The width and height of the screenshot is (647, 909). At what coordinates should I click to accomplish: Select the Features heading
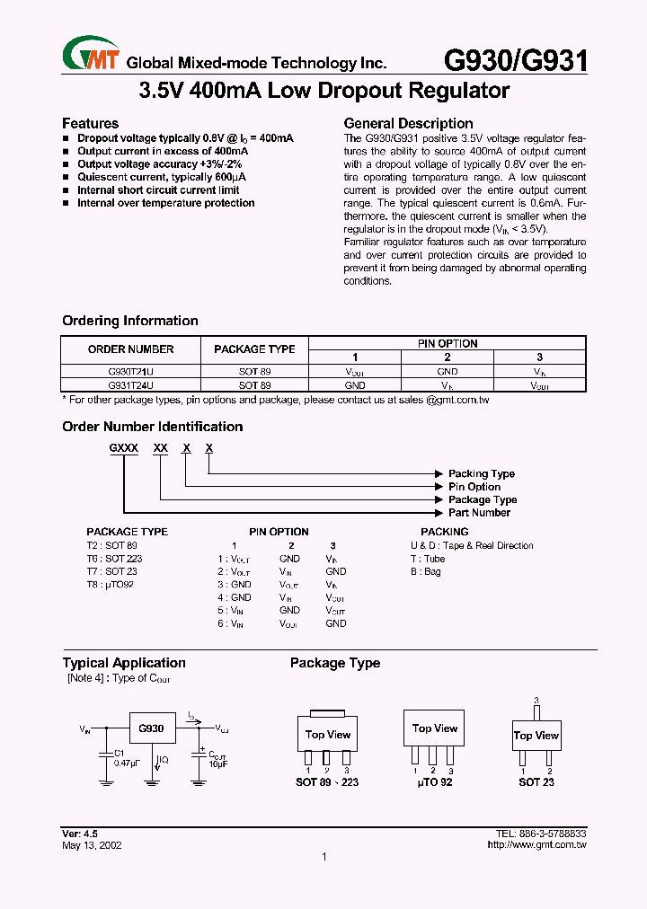(90, 123)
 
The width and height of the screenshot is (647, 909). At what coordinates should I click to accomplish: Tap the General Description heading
(408, 123)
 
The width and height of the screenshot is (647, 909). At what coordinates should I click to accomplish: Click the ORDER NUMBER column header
(131, 349)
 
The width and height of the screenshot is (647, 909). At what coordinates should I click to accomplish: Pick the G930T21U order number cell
(131, 371)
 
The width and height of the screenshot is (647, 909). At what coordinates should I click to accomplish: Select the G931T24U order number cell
(131, 384)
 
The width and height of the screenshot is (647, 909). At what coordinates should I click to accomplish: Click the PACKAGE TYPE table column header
(254, 349)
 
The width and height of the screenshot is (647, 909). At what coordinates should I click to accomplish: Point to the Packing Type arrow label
(482, 473)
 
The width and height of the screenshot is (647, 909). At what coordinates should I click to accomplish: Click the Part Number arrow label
(479, 513)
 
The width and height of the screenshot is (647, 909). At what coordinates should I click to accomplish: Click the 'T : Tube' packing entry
(428, 559)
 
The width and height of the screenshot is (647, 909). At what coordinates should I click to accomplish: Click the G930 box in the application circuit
(151, 728)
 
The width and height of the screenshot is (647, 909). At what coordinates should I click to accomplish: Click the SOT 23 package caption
(536, 782)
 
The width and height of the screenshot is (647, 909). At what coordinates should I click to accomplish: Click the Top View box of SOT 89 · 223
(328, 736)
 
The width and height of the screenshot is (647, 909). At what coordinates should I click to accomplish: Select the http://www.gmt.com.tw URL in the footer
(536, 845)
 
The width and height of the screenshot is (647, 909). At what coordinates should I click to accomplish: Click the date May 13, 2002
(92, 845)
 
